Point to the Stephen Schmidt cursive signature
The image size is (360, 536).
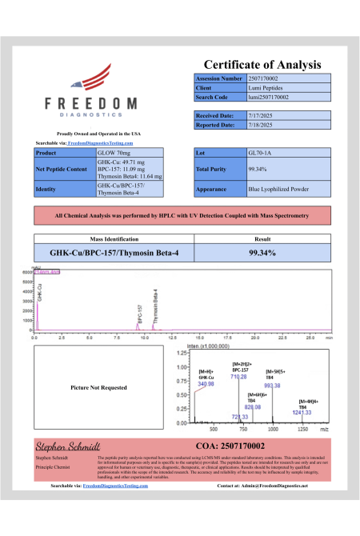point(66,444)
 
